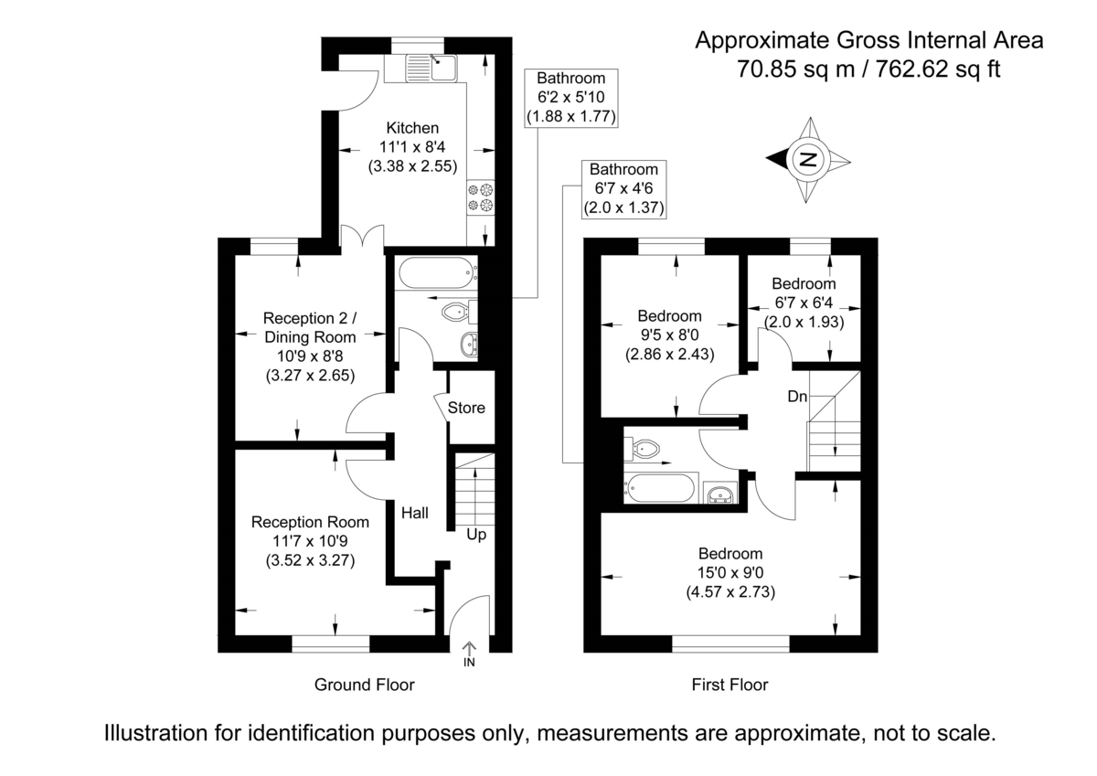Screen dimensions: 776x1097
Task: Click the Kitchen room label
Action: click(x=412, y=128)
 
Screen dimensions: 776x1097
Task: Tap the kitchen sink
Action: click(x=432, y=67)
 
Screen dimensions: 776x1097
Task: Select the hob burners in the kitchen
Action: click(x=480, y=197)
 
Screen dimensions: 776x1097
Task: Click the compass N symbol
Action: click(x=809, y=159)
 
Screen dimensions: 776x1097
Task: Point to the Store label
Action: click(x=466, y=408)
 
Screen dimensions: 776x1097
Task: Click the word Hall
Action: click(x=414, y=513)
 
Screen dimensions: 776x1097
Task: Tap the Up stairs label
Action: click(x=476, y=534)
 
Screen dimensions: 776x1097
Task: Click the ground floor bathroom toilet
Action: click(x=456, y=313)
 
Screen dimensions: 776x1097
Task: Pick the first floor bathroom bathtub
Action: click(x=661, y=487)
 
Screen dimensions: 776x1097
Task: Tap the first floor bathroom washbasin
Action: click(x=722, y=494)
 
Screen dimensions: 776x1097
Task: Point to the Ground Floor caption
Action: click(x=364, y=685)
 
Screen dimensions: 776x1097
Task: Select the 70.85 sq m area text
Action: click(x=793, y=68)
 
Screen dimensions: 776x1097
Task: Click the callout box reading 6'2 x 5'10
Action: click(x=572, y=98)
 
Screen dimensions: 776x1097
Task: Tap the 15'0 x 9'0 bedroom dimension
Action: click(x=730, y=572)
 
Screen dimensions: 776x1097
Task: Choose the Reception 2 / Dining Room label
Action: click(x=310, y=327)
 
